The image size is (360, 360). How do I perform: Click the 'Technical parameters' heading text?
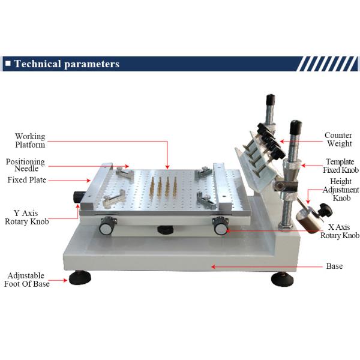(67, 64)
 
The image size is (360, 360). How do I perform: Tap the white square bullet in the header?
(8, 64)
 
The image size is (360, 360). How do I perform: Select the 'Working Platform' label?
(30, 140)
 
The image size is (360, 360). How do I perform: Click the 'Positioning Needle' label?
(25, 165)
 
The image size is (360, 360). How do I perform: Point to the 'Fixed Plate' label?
(27, 180)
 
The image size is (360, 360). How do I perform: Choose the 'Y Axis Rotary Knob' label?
(27, 217)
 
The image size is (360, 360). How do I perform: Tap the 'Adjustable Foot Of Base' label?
(27, 280)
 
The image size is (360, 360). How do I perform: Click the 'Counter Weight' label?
(338, 139)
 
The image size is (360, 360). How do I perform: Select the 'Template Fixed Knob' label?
(341, 166)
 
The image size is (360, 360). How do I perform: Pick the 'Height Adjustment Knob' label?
(341, 190)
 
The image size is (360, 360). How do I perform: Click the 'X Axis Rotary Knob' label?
(340, 231)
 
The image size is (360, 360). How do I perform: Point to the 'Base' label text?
(334, 266)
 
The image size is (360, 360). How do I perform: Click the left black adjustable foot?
(80, 277)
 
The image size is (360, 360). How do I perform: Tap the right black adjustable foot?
(282, 279)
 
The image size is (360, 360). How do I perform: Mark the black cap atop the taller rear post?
(271, 99)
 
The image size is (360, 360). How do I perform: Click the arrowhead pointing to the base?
(213, 266)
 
